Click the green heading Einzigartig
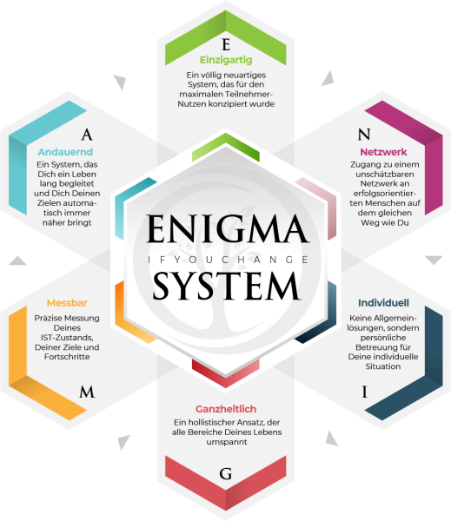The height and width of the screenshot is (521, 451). tap(226, 60)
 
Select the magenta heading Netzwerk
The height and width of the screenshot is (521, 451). tap(383, 152)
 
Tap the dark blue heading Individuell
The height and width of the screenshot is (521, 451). tap(383, 303)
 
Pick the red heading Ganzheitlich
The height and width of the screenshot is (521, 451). tap(226, 409)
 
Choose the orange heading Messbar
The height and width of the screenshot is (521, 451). tap(67, 303)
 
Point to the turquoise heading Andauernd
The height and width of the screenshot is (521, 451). tap(65, 152)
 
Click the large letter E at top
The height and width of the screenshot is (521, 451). tap(226, 44)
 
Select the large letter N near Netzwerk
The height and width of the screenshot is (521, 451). tap(364, 135)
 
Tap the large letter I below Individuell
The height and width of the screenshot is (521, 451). tap(365, 392)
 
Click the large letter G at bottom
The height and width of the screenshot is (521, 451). tap(226, 474)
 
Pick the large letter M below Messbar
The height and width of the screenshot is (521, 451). tap(87, 392)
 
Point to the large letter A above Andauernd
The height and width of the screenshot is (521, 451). tap(87, 135)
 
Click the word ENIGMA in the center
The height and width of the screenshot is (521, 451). tap(227, 229)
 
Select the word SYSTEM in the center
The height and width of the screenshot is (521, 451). tap(227, 286)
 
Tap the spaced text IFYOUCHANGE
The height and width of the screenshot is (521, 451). tap(228, 260)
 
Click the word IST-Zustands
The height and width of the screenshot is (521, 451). tap(67, 338)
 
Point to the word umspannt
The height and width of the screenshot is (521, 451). tap(227, 442)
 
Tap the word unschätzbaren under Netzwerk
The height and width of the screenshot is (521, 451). tap(385, 175)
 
